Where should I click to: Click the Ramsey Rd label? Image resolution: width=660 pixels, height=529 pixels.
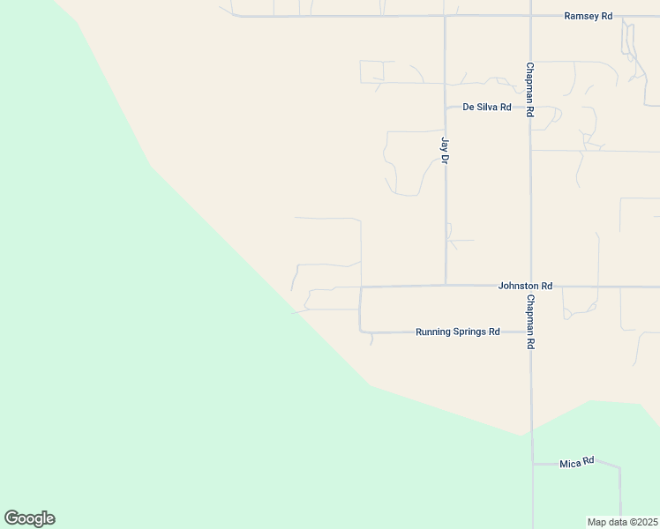[x=589, y=16]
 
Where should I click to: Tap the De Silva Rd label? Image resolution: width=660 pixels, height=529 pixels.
[x=487, y=107]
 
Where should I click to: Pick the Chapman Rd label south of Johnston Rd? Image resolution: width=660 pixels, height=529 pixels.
[x=530, y=323]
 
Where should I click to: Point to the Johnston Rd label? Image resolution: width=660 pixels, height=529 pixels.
[x=525, y=286]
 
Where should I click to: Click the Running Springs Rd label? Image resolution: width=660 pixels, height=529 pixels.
[x=458, y=332]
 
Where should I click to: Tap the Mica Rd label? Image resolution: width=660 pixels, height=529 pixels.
[x=577, y=462]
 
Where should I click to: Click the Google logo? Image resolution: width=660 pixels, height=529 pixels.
[x=29, y=518]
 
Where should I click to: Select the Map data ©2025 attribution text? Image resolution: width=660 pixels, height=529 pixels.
[x=623, y=522]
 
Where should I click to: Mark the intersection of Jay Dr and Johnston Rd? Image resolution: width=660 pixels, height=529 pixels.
[x=446, y=285]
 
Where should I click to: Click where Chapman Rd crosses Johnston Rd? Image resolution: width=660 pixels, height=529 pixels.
[x=531, y=286]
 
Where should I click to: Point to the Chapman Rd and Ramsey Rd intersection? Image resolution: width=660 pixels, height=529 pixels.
[x=530, y=16]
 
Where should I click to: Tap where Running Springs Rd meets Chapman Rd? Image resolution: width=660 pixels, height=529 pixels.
[x=531, y=332]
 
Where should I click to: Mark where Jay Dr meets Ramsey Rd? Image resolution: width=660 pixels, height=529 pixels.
[x=446, y=16]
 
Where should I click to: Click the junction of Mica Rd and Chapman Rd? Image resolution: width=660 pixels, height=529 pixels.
[x=532, y=464]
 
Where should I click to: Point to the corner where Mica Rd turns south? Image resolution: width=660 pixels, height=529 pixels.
[x=619, y=467]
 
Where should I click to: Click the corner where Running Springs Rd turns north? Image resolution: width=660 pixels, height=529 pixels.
[x=361, y=332]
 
